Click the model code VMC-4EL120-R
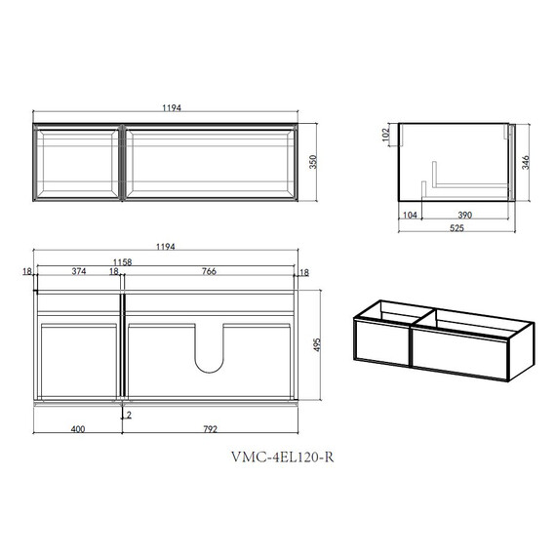click(282, 457)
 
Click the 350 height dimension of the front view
click(313, 162)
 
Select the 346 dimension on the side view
click(525, 162)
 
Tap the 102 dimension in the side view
click(386, 135)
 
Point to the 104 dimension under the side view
click(410, 215)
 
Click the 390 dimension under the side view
click(465, 215)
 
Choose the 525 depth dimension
click(457, 228)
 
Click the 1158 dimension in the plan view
click(122, 262)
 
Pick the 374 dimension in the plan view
click(79, 271)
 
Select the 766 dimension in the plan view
click(209, 271)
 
